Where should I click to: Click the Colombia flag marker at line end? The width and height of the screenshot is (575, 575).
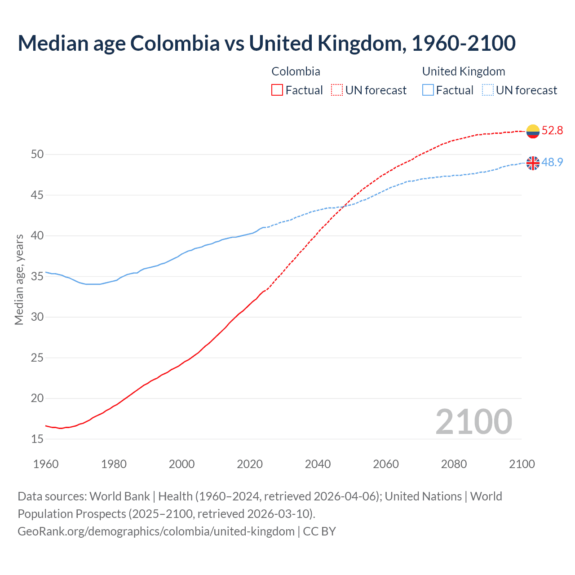[x=533, y=131]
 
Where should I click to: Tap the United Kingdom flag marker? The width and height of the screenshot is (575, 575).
[x=533, y=163]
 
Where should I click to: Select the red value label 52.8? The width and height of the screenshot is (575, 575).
[x=552, y=131]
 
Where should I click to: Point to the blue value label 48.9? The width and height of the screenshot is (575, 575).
[x=552, y=162]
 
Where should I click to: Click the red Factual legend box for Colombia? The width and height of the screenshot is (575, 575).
[x=277, y=90]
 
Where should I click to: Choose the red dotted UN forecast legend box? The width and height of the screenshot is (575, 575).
[x=337, y=90]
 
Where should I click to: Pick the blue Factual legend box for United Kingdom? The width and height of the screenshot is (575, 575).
[x=428, y=90]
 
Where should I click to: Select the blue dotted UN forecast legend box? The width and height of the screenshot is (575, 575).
[x=487, y=90]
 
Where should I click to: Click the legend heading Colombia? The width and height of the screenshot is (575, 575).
[x=296, y=71]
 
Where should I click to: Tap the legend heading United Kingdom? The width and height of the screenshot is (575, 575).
[x=464, y=71]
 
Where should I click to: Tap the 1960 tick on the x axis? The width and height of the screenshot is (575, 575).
[x=46, y=464]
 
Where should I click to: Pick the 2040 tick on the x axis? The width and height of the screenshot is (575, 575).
[x=318, y=464]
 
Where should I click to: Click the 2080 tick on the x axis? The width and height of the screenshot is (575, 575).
[x=454, y=464]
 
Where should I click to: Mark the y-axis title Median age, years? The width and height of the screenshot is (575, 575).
[x=19, y=279]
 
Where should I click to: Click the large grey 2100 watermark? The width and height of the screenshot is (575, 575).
[x=473, y=422]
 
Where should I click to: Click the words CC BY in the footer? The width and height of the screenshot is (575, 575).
[x=319, y=531]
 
